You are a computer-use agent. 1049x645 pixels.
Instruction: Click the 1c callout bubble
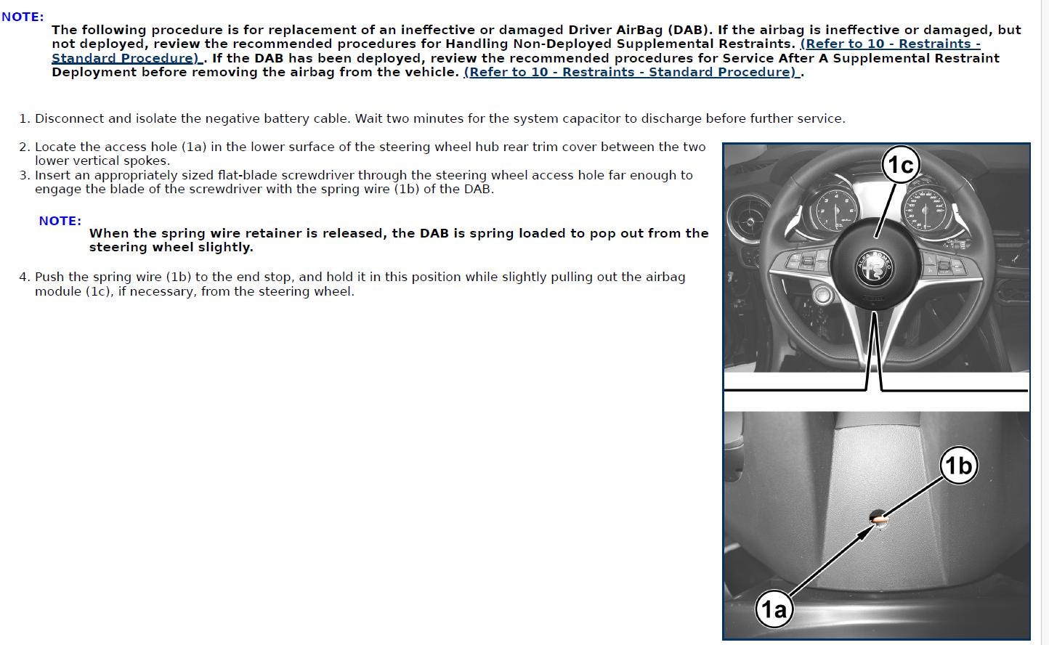901,165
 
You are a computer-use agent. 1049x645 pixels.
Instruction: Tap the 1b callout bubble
958,465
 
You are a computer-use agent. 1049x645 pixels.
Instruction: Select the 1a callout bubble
774,608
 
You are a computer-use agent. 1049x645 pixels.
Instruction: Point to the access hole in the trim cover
878,517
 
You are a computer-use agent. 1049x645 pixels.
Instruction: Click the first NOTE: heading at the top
23,17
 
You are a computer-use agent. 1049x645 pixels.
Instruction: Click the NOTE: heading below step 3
60,221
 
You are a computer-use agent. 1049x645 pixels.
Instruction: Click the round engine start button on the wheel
822,294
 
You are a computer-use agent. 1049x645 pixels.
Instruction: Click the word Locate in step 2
54,147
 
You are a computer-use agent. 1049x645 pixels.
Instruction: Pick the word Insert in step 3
53,175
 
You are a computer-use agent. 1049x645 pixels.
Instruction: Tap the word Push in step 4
49,277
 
